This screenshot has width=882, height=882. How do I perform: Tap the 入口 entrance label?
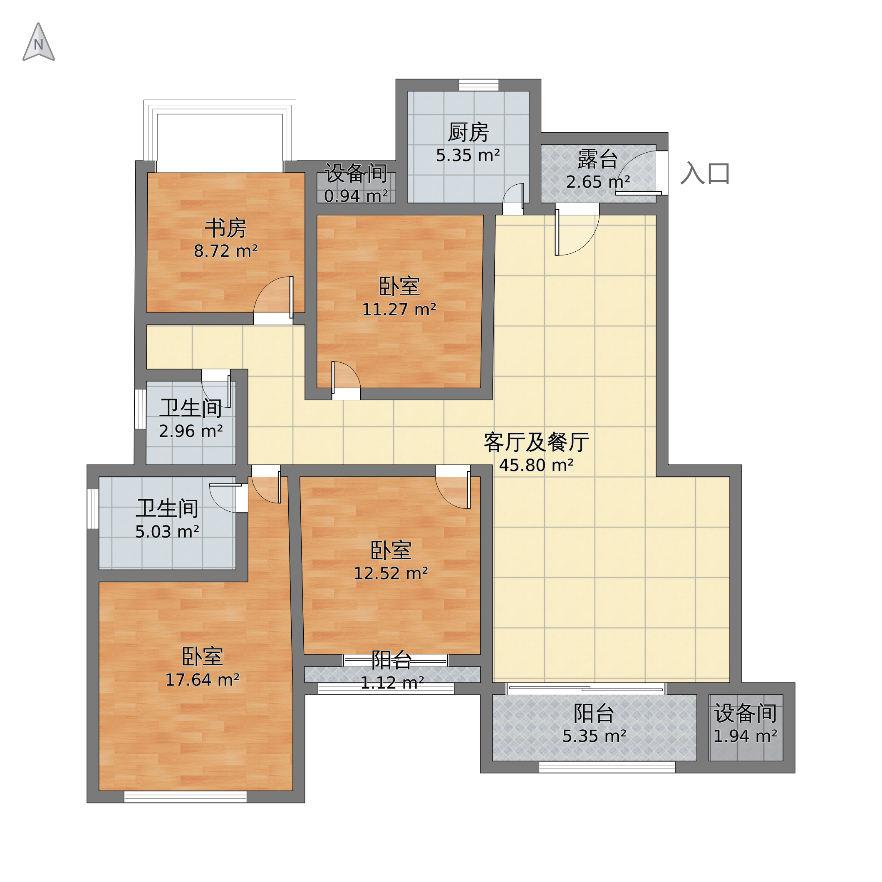(705, 173)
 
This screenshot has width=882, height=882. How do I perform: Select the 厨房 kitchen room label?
(468, 132)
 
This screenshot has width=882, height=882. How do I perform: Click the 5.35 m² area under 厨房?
(468, 156)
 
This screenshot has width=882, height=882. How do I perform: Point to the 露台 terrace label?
(597, 159)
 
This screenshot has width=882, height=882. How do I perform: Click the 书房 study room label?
(225, 228)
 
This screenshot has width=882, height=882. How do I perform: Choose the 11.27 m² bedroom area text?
(399, 310)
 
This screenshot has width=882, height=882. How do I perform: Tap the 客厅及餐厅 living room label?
(536, 442)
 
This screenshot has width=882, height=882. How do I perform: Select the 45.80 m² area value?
(536, 466)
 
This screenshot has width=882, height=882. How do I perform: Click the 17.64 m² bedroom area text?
(202, 680)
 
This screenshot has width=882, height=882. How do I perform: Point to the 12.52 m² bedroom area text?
(391, 574)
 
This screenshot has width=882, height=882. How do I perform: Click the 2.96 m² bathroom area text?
(191, 431)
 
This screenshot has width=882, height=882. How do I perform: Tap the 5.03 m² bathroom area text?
(167, 532)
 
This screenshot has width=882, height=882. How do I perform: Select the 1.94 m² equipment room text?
(745, 736)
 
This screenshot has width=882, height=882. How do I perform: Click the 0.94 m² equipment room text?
(356, 196)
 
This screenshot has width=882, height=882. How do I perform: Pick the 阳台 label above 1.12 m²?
(391, 660)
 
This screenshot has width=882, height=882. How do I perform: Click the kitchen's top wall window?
(478, 85)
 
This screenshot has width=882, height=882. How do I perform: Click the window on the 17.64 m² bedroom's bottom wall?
(186, 797)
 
